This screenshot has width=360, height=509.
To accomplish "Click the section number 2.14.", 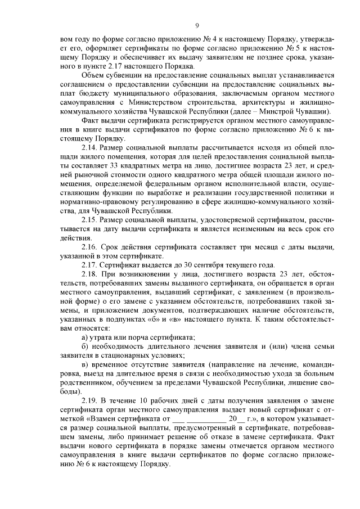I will (91, 147).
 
